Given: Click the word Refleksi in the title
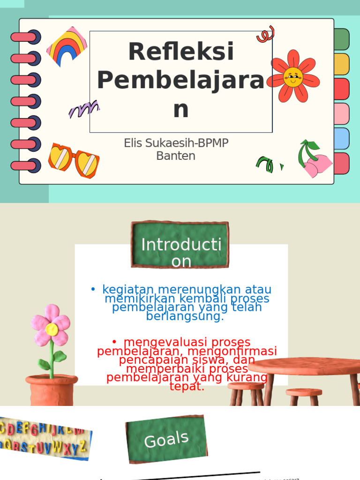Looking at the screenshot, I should [x=181, y=52].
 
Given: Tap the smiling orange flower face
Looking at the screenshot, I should [x=293, y=77].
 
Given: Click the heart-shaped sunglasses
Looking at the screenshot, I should [x=74, y=161].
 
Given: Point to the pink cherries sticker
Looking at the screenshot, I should [x=314, y=162].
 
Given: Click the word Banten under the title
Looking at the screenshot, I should [x=176, y=156].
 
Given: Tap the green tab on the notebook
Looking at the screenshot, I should [x=342, y=39].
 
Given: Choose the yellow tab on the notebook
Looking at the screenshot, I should [x=342, y=64].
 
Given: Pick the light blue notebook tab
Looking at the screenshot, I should [x=342, y=138].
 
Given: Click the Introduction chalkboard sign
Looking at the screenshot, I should [x=180, y=245].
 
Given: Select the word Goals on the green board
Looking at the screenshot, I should [x=166, y=440].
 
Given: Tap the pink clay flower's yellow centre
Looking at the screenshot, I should [x=52, y=329].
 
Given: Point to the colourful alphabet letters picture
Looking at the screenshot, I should [x=45, y=439].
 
